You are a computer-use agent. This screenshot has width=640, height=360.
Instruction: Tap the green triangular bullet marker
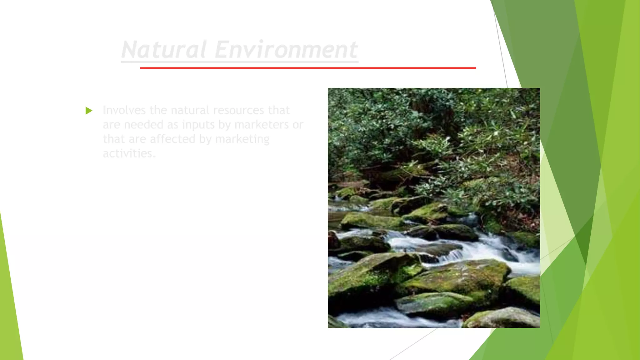pyautogui.click(x=89, y=111)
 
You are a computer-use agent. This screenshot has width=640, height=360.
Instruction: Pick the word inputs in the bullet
pyautogui.click(x=198, y=125)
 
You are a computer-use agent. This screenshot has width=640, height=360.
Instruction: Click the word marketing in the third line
pyautogui.click(x=242, y=139)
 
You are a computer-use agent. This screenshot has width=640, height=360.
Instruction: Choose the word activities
pyautogui.click(x=129, y=153)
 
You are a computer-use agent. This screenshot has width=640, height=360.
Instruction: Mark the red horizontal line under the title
pyautogui.click(x=308, y=68)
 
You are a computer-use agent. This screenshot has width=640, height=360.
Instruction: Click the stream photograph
pyautogui.click(x=434, y=208)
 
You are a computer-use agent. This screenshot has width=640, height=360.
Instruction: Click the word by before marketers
pyautogui.click(x=224, y=125)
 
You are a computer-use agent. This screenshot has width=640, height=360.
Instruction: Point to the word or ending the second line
pyautogui.click(x=298, y=125)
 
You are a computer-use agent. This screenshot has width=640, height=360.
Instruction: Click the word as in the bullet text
pyautogui.click(x=173, y=125)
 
